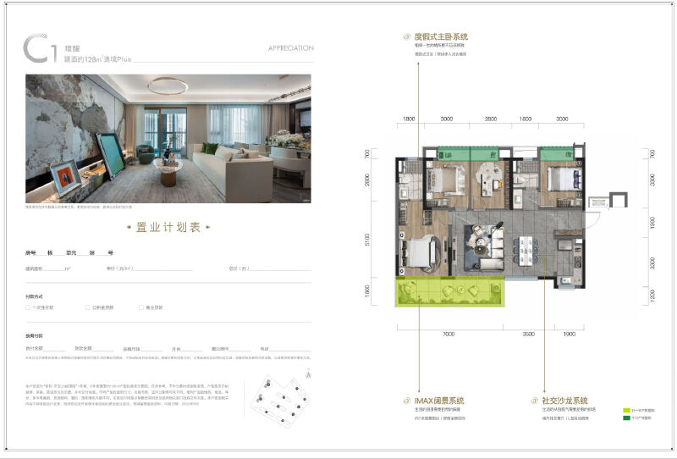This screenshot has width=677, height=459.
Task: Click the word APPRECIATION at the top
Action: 290,48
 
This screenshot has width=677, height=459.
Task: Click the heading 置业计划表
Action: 168,228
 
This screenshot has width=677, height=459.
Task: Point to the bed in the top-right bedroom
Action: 559,180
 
